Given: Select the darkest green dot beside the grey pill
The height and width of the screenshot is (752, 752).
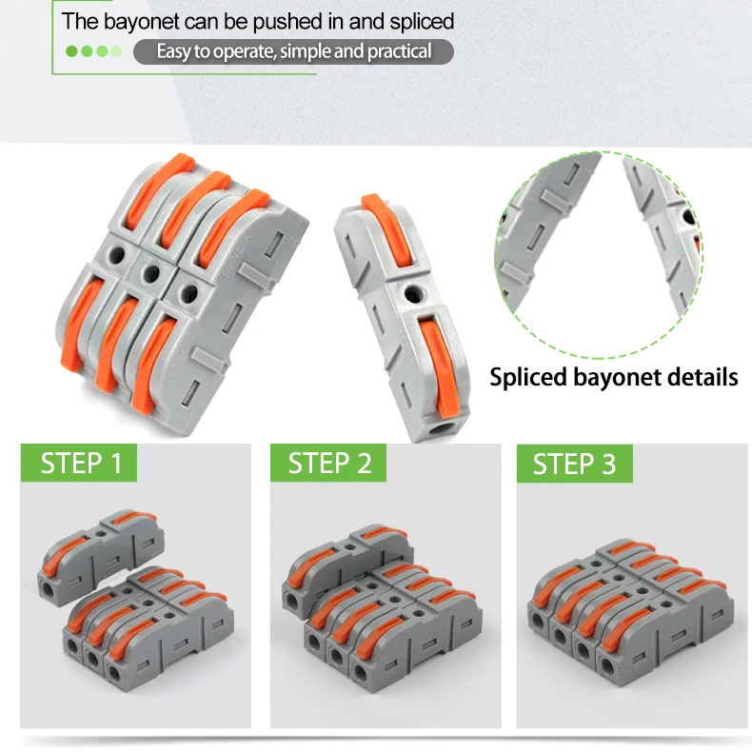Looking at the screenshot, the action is click(x=71, y=51).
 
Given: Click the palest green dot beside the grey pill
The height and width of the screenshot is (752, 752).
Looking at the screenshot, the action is click(x=116, y=51).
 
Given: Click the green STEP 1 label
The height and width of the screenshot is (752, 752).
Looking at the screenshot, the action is click(x=79, y=463).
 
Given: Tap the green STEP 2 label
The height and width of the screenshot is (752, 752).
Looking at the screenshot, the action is click(x=328, y=463).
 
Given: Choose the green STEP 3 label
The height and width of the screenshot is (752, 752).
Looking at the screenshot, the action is click(x=575, y=464).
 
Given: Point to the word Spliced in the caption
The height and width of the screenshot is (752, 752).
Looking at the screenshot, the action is click(x=528, y=378).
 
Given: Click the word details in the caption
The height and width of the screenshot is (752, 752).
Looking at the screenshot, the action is click(x=703, y=377).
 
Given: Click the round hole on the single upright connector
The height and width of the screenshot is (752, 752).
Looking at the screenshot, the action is click(x=413, y=293).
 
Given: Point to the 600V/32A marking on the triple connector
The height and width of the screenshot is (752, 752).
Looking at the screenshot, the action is click(x=237, y=255).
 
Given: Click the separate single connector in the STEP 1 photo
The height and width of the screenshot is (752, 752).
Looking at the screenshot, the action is click(x=101, y=555).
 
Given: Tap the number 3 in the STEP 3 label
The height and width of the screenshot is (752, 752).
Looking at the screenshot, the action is click(x=608, y=464).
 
